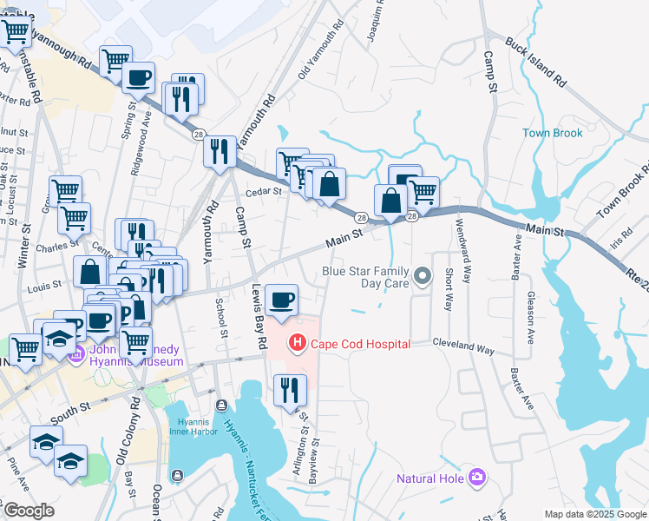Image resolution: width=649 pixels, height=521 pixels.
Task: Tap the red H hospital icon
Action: click(298, 344)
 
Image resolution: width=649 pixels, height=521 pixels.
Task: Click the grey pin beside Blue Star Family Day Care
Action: click(423, 277)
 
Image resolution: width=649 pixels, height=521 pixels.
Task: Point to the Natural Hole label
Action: click(429, 478)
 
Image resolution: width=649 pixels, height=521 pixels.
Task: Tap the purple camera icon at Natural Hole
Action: click(476, 477)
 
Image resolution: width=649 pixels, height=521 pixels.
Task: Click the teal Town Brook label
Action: click(553, 133)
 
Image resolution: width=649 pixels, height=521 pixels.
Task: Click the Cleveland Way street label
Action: click(463, 347)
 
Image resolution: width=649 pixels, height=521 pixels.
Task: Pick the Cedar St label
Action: click(265, 191)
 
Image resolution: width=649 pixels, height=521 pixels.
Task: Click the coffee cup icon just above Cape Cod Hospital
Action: click(280, 300)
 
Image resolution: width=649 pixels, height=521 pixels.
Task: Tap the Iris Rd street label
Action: click(622, 234)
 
